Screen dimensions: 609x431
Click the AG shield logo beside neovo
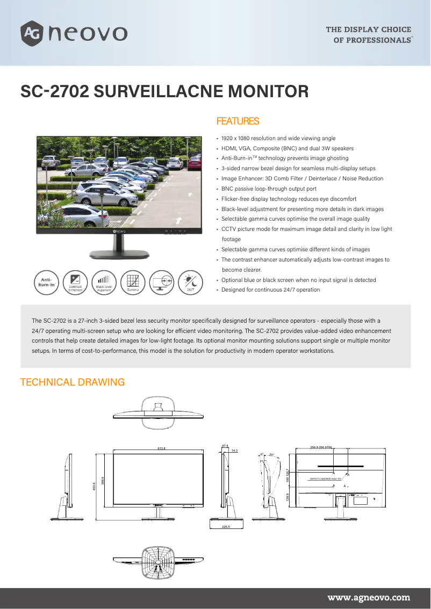pyautogui.click(x=31, y=33)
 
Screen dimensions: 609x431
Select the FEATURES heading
pyautogui.click(x=238, y=121)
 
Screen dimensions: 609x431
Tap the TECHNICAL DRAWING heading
pyautogui.click(x=73, y=382)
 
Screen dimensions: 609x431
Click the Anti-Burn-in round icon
pyautogui.click(x=47, y=282)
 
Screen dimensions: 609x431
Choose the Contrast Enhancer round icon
pyautogui.click(x=75, y=282)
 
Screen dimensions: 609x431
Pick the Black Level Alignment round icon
pyautogui.click(x=104, y=282)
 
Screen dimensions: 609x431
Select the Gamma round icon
pyautogui.click(x=133, y=282)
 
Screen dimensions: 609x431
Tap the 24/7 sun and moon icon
pyautogui.click(x=190, y=282)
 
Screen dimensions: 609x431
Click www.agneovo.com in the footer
pyautogui.click(x=369, y=597)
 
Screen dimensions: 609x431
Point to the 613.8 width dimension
pyautogui.click(x=161, y=448)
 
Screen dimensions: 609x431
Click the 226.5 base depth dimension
pyautogui.click(x=226, y=527)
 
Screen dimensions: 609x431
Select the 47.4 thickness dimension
pyautogui.click(x=225, y=446)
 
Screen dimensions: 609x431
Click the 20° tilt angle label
pyautogui.click(x=272, y=455)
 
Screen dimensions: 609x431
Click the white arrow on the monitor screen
pyautogui.click(x=178, y=220)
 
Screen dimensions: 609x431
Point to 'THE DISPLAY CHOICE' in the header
pyautogui.click(x=368, y=30)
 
